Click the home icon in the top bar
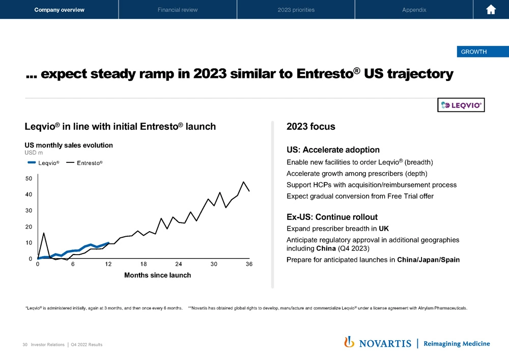pos(491,10)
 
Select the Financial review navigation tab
pos(178,10)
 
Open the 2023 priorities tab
pos(296,10)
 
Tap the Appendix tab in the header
pos(414,10)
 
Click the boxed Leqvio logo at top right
pos(461,105)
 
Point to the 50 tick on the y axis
pos(29,179)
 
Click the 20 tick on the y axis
pos(29,227)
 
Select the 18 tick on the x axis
pos(144,264)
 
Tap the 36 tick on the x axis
pos(249,264)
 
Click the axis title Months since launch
pos(157,275)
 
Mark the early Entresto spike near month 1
pos(44,233)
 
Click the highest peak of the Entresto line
pos(244,182)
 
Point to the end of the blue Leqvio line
pos(108,243)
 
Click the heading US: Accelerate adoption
pos(333,150)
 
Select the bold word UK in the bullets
pos(384,228)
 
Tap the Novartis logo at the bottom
pos(378,343)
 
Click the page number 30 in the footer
pos(25,345)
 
